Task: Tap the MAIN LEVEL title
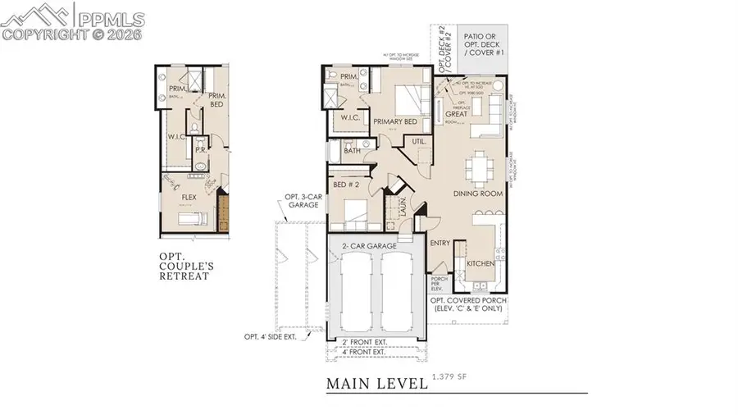376,383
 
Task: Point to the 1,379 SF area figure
450,377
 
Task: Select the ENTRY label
441,243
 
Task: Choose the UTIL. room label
418,141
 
